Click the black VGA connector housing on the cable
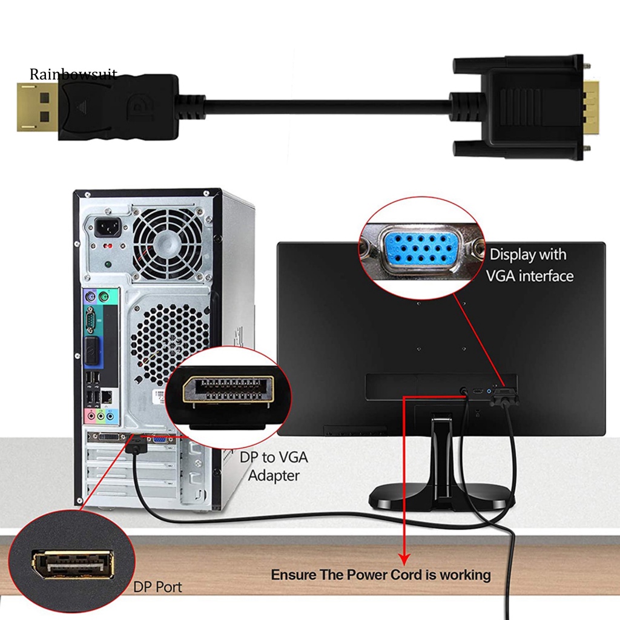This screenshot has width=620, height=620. point(527,110)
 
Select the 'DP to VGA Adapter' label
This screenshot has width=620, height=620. point(274,466)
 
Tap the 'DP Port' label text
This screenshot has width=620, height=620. point(157,586)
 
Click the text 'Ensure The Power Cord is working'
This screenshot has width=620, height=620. point(380,574)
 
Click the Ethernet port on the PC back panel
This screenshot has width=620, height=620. point(107,397)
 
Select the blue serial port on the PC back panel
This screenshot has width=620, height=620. point(91,318)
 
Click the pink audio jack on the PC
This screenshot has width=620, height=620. point(92,417)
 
